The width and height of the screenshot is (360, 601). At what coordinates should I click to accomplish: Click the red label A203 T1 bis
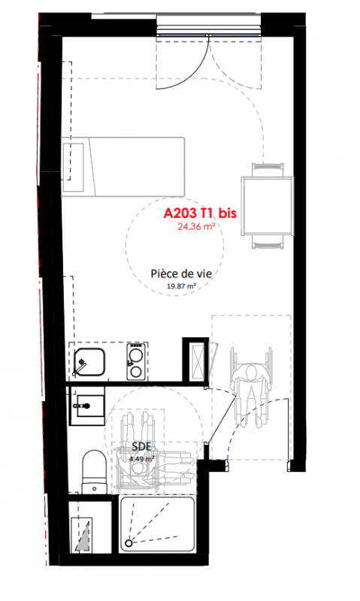click(x=200, y=213)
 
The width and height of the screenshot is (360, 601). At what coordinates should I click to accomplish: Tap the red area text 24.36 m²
click(x=195, y=226)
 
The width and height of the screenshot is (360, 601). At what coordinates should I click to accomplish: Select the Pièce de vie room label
click(x=181, y=273)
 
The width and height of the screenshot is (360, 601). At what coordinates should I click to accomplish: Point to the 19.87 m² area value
click(x=182, y=285)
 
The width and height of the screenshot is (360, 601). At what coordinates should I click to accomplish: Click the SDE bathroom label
click(x=141, y=446)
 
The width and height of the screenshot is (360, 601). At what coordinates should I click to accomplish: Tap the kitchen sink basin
click(x=89, y=362)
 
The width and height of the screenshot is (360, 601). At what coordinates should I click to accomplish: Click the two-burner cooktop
click(x=136, y=361)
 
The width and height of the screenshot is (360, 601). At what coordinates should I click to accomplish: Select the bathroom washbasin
click(x=86, y=406)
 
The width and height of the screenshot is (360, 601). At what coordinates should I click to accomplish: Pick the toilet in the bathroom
click(x=94, y=472)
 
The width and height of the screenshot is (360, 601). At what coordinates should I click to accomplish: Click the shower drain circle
click(x=129, y=543)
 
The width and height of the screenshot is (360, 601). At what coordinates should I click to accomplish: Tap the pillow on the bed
click(x=73, y=167)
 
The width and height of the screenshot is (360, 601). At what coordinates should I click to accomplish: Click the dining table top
click(x=267, y=205)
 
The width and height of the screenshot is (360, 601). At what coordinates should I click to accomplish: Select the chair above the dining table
click(x=268, y=170)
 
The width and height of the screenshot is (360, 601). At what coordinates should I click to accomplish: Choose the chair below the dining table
click(x=268, y=241)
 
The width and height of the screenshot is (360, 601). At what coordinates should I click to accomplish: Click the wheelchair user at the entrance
click(x=251, y=387)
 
